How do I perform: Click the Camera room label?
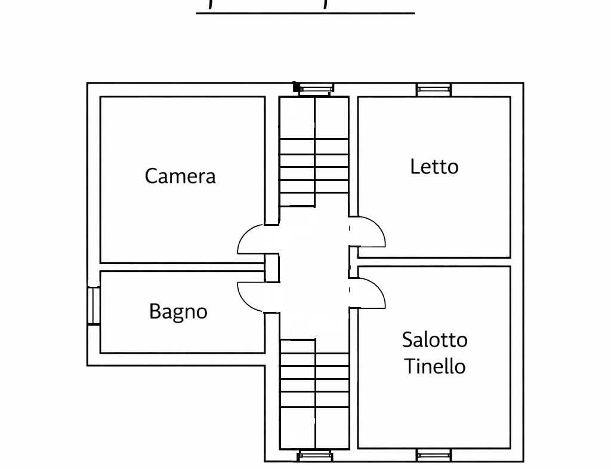[x=180, y=176]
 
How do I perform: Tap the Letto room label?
[x=434, y=166]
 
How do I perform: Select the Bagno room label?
[x=178, y=311]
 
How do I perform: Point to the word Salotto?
[x=434, y=340]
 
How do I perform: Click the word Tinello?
[x=434, y=366]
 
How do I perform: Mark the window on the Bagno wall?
[x=94, y=306]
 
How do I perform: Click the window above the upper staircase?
[x=314, y=90]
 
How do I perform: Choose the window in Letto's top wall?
[x=434, y=90]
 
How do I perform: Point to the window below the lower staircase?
[x=314, y=456]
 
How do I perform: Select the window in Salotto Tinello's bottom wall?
[x=434, y=456]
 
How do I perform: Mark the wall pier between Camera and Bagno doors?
[x=271, y=268]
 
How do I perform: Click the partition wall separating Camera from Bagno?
[x=182, y=266]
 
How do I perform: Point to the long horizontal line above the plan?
[x=305, y=12]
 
